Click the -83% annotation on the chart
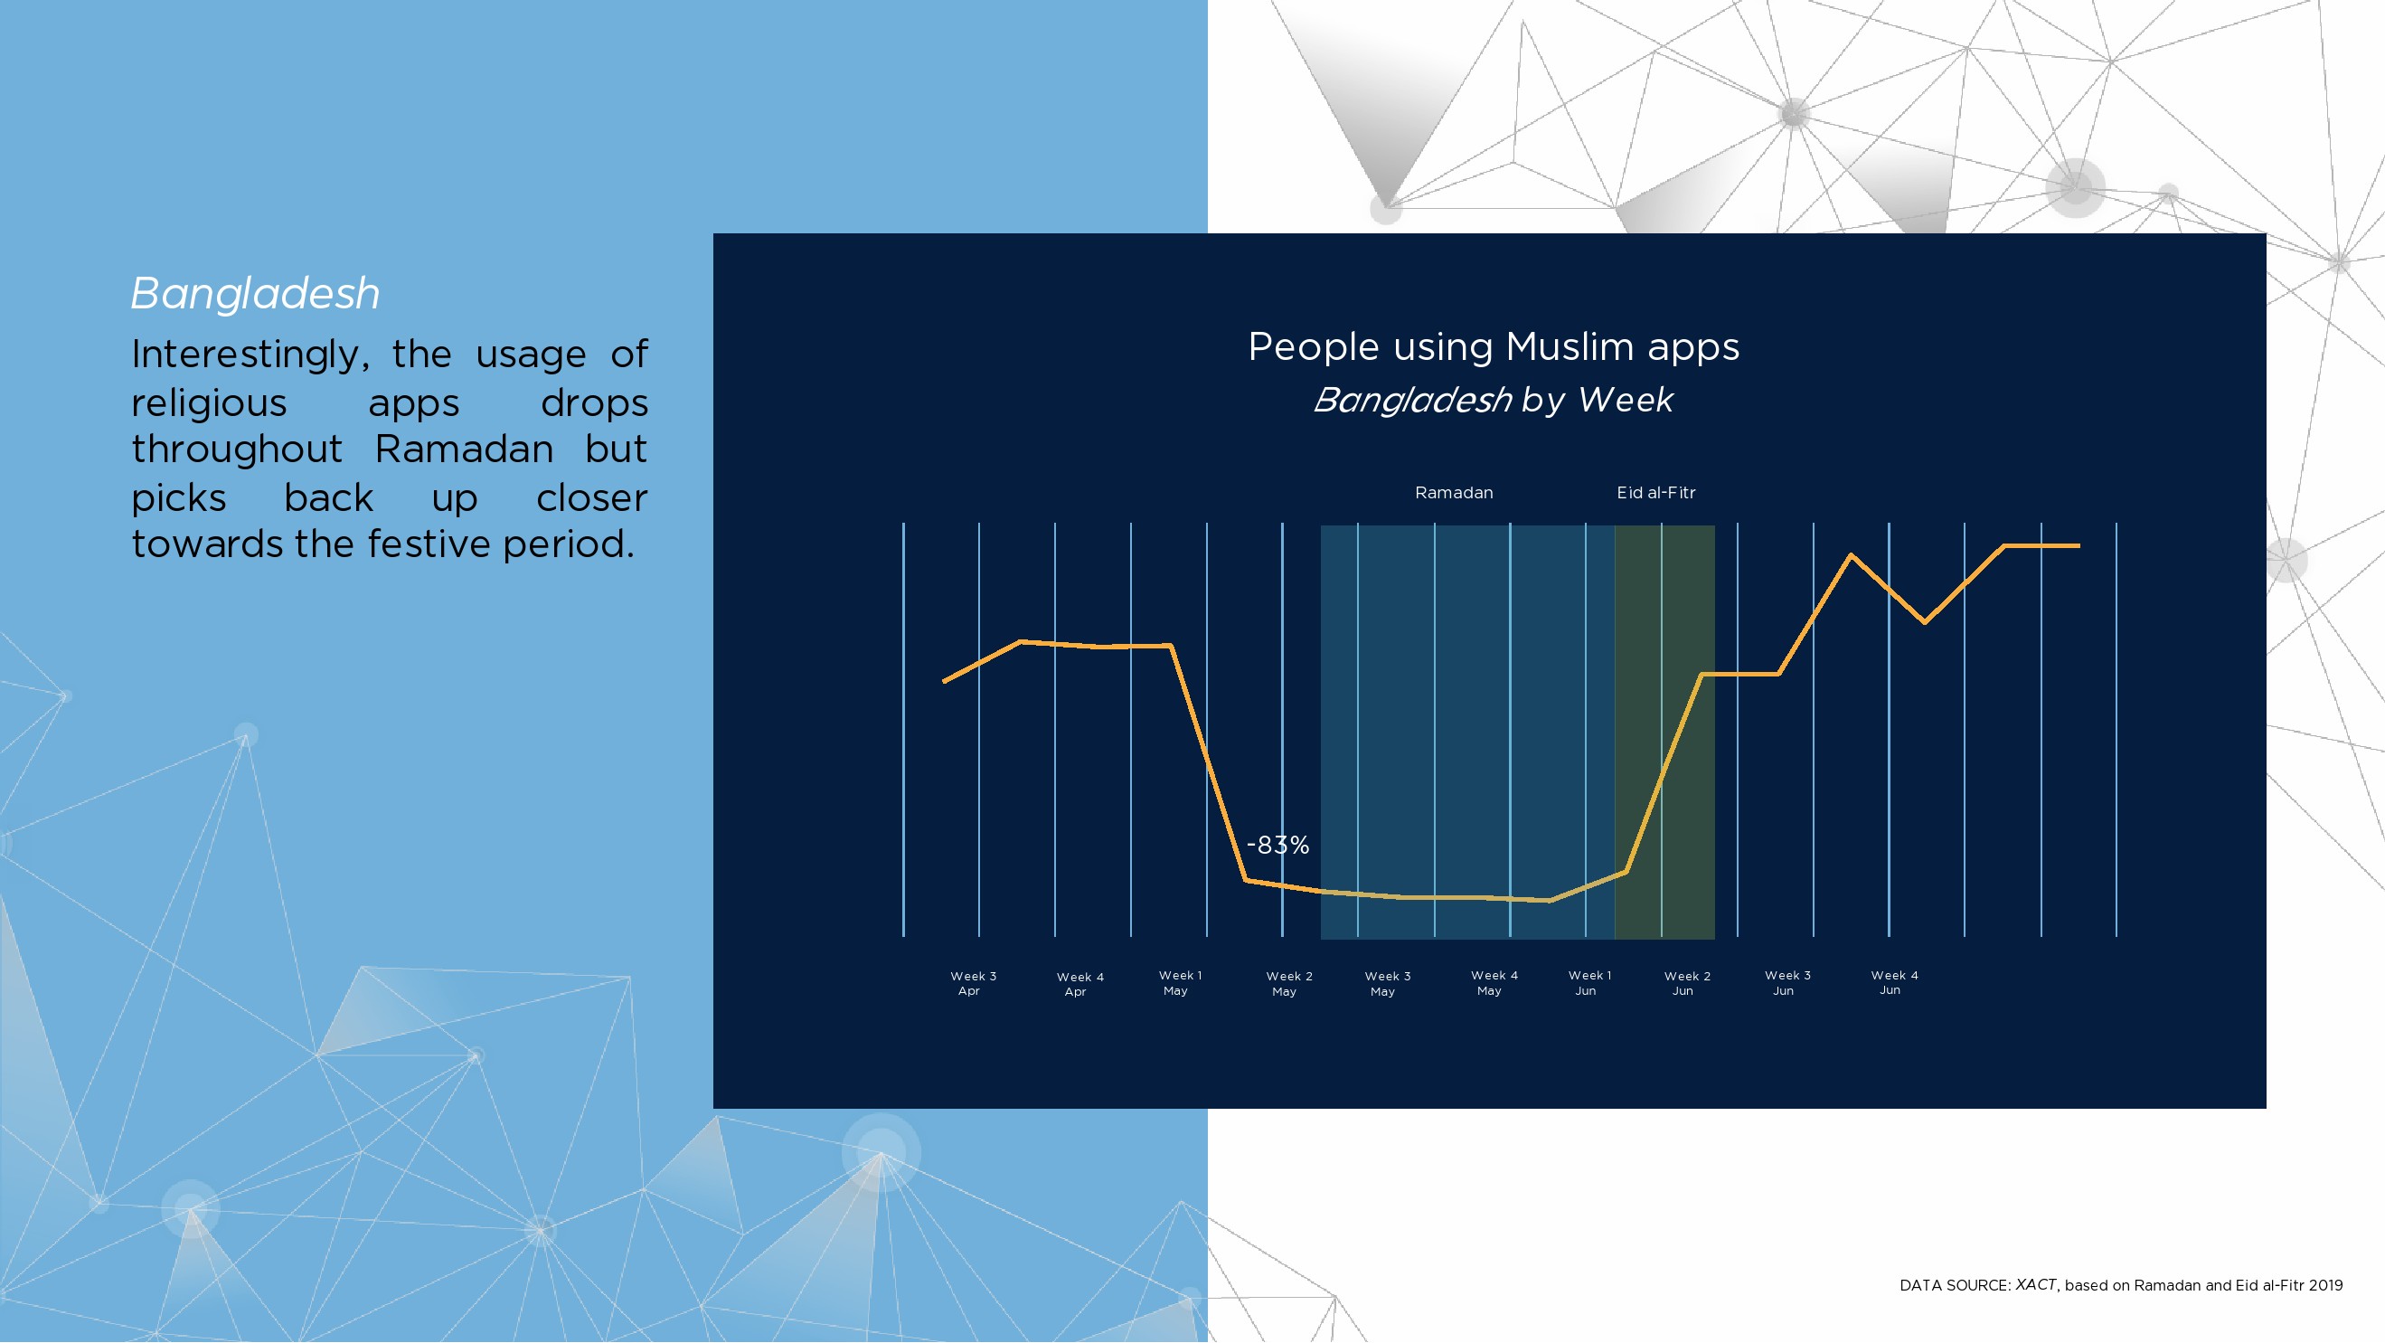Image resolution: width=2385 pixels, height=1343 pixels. tap(1277, 845)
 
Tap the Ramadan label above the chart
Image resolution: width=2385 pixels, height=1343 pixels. tap(1454, 493)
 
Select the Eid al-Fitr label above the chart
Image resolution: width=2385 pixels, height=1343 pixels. tap(1656, 493)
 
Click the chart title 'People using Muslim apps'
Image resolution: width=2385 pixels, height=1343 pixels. tap(1494, 347)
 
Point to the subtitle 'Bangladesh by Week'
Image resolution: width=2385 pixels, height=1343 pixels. tap(1494, 400)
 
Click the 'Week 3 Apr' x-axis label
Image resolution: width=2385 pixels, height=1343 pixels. tap(973, 984)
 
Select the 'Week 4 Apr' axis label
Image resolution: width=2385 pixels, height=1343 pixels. tap(1079, 985)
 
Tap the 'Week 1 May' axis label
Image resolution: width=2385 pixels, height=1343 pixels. tap(1180, 984)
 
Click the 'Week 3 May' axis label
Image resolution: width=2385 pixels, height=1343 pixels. tap(1387, 985)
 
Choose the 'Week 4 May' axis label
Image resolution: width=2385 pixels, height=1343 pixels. tap(1494, 984)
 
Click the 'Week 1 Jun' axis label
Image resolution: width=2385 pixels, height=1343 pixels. tap(1588, 984)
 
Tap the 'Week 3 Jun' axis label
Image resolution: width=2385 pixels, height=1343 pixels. tap(1786, 984)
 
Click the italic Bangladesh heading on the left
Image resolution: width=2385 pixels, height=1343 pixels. tap(255, 294)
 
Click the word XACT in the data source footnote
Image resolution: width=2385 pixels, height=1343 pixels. tap(2035, 1284)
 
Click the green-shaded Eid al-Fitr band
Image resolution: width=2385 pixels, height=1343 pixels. tap(1664, 732)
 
